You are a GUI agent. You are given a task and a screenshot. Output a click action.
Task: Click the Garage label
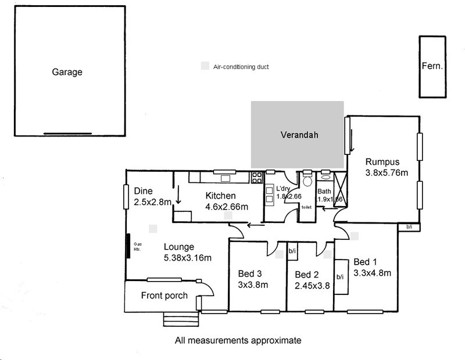[x=67, y=73]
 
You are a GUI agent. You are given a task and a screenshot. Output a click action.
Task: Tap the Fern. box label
[x=432, y=66]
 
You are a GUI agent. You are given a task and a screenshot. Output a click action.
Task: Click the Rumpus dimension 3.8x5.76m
[x=387, y=172]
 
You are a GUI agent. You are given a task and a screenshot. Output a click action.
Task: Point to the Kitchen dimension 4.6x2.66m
[x=227, y=206]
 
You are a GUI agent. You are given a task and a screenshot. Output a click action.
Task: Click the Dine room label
[x=143, y=190]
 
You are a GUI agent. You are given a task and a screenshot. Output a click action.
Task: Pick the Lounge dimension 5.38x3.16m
[x=187, y=258]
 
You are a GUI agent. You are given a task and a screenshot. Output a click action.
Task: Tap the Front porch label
[x=164, y=296]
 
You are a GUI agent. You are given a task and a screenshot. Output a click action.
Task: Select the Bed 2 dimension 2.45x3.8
[x=313, y=285]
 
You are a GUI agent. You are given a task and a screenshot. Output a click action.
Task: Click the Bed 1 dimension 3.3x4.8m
[x=373, y=272]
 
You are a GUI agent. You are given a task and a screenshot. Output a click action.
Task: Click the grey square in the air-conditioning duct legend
[x=205, y=67]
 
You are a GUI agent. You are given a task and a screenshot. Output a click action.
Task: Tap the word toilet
[x=307, y=207]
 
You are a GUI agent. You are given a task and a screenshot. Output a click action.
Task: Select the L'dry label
[x=284, y=189]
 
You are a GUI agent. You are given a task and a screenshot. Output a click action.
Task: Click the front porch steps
[x=180, y=319]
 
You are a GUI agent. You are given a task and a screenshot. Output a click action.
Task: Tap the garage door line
[x=67, y=133]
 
